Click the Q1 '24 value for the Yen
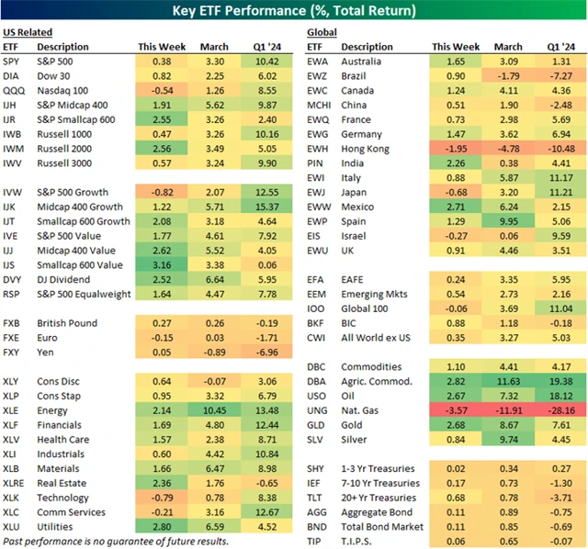tap(266, 353)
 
